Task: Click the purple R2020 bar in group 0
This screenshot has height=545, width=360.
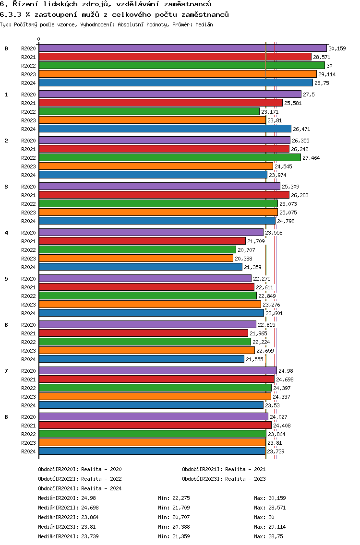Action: click(x=182, y=48)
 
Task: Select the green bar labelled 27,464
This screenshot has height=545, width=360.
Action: click(x=169, y=157)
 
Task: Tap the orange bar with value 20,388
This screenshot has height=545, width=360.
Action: click(x=136, y=258)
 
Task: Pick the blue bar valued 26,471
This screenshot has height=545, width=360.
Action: click(x=165, y=129)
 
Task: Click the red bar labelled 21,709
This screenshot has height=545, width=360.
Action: click(x=142, y=241)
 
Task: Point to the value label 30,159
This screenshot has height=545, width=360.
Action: click(x=337, y=48)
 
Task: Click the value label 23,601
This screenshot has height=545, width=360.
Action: click(x=275, y=313)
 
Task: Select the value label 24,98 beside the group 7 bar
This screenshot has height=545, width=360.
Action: click(x=286, y=371)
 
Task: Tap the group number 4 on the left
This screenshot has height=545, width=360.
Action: click(x=6, y=233)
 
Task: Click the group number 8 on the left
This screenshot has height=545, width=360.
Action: click(x=6, y=417)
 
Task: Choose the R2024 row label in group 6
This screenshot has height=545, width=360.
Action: click(x=28, y=359)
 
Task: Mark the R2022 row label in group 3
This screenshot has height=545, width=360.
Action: click(x=28, y=204)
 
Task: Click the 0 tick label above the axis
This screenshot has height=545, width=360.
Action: click(x=39, y=39)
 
